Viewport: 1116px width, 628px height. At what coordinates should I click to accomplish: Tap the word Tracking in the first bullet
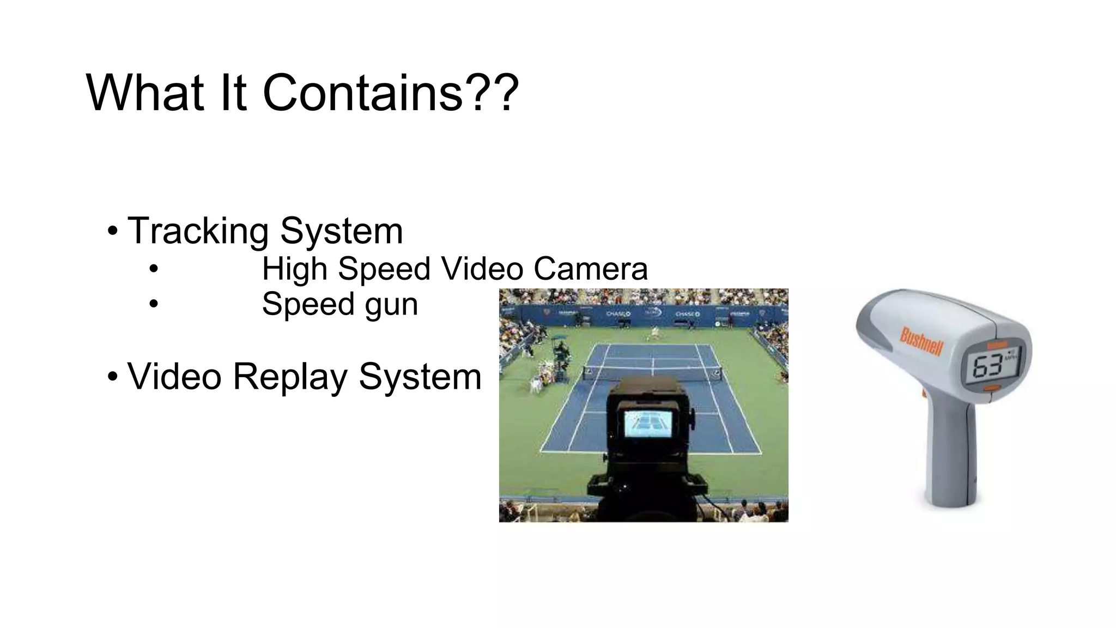point(198,231)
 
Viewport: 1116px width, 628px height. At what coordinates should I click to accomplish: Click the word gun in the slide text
point(391,305)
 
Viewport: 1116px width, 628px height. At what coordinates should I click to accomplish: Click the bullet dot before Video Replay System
point(112,377)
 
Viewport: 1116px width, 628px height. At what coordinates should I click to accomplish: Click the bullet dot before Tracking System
point(112,231)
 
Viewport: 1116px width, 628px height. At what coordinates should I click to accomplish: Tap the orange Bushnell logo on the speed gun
point(921,341)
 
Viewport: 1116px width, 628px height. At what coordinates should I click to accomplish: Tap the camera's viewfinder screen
point(648,424)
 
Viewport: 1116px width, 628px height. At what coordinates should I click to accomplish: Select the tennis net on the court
point(652,372)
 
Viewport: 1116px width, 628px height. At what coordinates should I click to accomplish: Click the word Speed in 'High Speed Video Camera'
point(384,269)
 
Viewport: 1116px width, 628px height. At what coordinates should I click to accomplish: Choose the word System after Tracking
point(341,231)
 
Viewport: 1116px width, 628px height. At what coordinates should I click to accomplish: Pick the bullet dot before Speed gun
point(154,304)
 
